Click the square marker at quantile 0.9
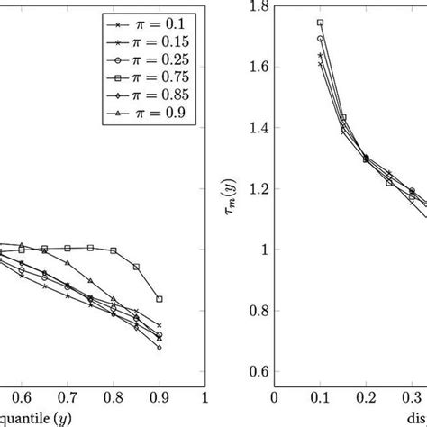159,299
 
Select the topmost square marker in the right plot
320,23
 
